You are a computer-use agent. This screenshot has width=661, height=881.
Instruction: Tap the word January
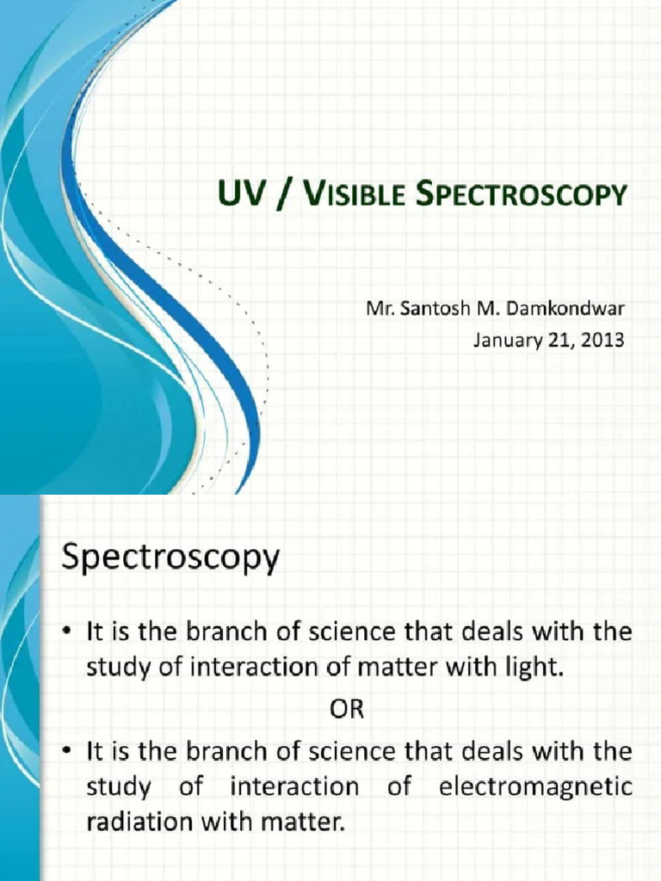(x=508, y=339)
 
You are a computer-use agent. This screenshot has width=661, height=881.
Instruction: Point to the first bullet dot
(x=69, y=633)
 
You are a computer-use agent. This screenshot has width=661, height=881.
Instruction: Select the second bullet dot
(x=69, y=753)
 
